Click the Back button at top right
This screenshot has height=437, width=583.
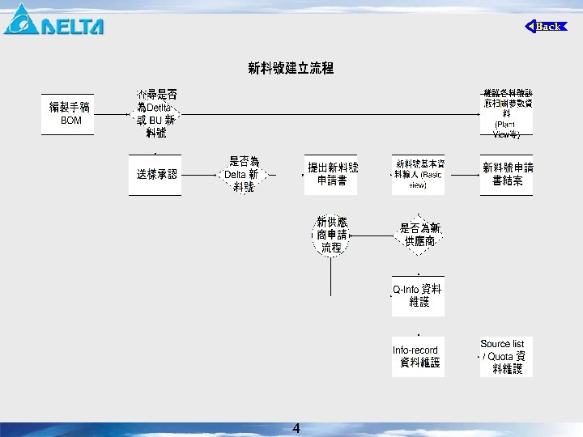tap(547, 27)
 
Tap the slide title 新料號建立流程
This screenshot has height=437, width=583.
tap(291, 69)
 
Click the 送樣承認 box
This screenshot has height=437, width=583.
tap(155, 174)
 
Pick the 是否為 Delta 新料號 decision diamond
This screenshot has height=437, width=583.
tap(244, 174)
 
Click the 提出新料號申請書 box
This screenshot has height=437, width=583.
tap(331, 174)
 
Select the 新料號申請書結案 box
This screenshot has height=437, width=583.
tap(507, 174)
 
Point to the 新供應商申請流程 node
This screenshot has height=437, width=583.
tap(331, 235)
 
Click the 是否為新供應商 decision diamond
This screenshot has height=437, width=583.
tap(419, 235)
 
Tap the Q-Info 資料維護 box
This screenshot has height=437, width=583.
tap(419, 295)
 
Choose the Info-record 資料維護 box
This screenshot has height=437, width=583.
tap(419, 356)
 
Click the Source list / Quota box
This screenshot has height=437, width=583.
tap(507, 356)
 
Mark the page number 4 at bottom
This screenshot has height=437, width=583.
tap(296, 429)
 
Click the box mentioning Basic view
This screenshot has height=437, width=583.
tap(419, 174)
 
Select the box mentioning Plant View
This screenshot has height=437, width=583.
tap(507, 114)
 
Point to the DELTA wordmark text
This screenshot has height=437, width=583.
tap(73, 26)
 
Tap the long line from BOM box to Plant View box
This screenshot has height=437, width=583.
tap(324, 114)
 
